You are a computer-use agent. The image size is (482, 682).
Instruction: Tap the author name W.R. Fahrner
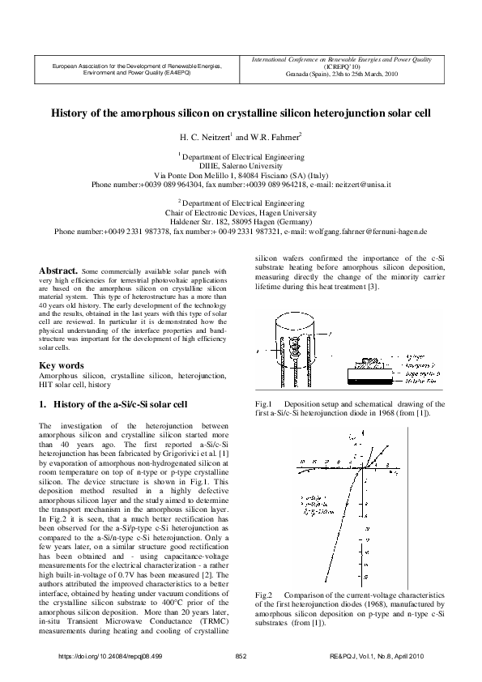(x=274, y=137)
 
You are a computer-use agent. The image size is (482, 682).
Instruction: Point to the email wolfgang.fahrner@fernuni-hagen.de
(x=363, y=231)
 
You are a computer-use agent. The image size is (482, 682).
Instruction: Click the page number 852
(x=241, y=655)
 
